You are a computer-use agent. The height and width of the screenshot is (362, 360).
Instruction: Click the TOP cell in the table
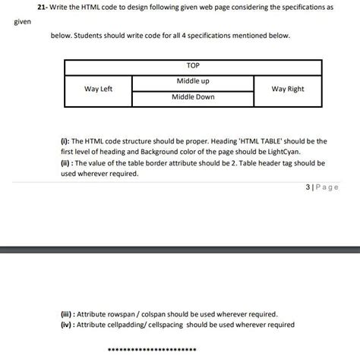click(x=193, y=66)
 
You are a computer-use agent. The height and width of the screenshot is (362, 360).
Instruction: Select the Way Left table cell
click(x=98, y=89)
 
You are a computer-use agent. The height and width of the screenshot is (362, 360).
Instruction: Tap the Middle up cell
click(x=193, y=80)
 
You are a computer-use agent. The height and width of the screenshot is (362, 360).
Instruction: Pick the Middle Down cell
click(x=193, y=97)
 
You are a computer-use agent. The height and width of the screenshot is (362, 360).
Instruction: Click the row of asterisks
click(x=153, y=349)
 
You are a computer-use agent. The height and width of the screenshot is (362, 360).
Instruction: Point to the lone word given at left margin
click(x=22, y=22)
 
